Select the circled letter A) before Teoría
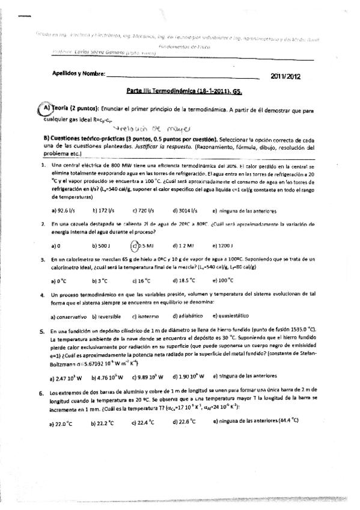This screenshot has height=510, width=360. click(45, 109)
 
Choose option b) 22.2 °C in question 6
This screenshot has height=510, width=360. click(102, 423)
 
